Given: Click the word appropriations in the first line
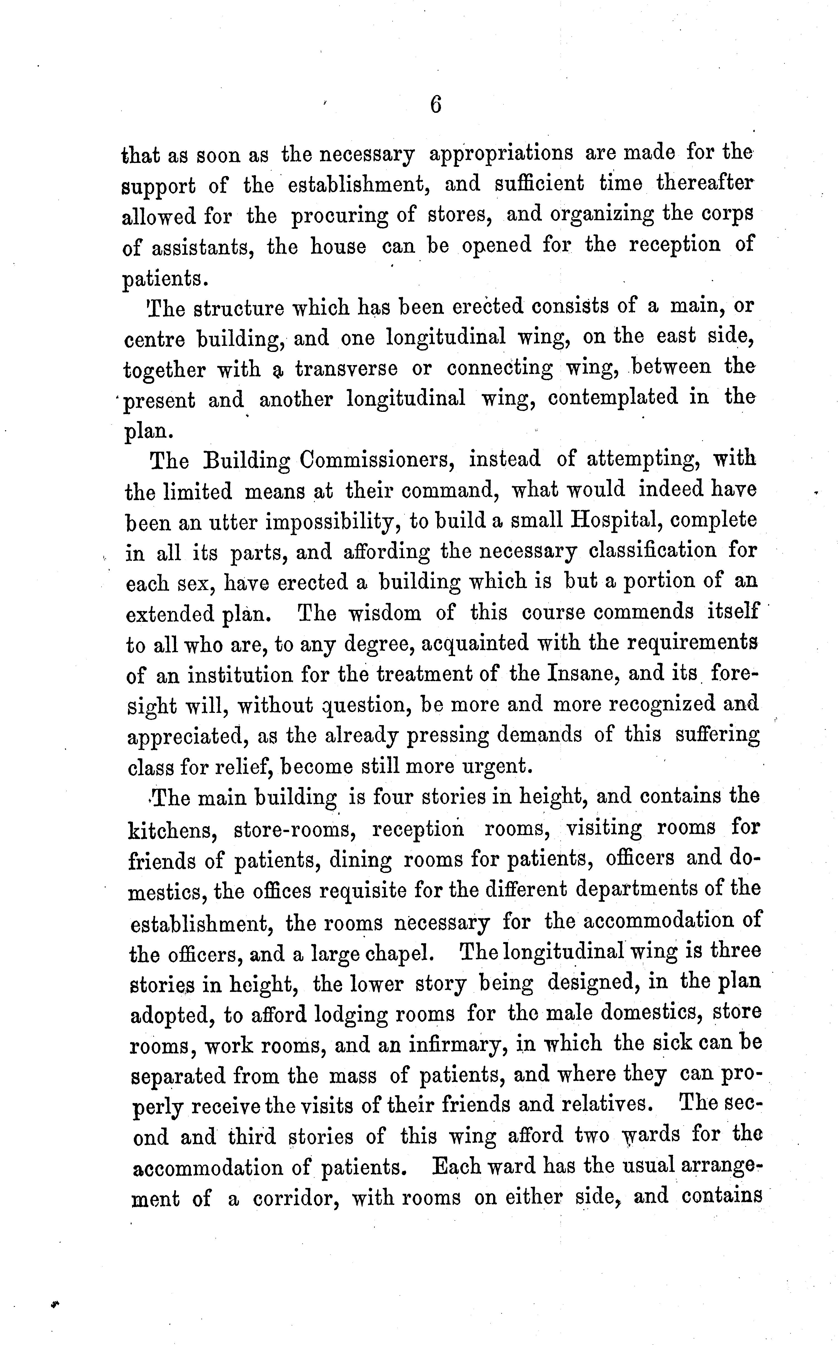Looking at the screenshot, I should pos(501,153).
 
